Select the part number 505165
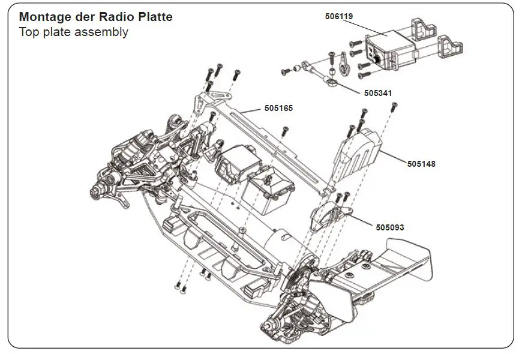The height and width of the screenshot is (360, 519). (278, 109)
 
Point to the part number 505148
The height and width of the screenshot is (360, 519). (421, 163)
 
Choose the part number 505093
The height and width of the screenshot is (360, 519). (390, 227)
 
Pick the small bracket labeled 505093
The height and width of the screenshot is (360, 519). (328, 213)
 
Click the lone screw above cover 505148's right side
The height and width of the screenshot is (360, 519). (394, 107)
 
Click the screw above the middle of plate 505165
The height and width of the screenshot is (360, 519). (286, 130)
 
